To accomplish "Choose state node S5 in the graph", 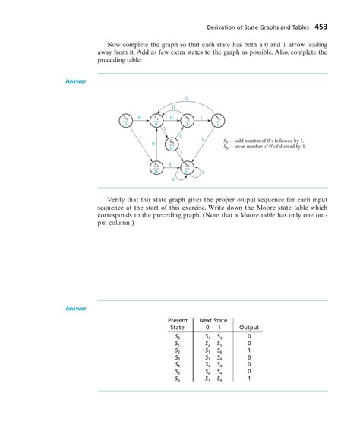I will click(x=172, y=143).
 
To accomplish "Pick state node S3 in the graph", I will click(x=156, y=166).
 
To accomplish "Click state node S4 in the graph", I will click(x=187, y=166).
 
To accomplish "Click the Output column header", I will click(x=249, y=328).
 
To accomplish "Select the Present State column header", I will click(x=177, y=324).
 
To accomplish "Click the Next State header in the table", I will click(x=213, y=321).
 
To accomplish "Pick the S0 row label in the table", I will click(x=177, y=335).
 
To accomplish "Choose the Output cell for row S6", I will click(x=249, y=379).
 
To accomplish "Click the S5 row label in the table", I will click(x=177, y=371).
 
